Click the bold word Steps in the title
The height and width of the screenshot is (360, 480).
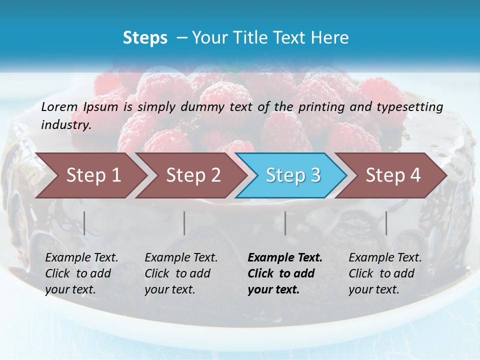145,37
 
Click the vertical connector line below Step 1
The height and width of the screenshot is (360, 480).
84,223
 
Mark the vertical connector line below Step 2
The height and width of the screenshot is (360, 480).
184,223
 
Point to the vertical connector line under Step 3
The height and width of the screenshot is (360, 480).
285,223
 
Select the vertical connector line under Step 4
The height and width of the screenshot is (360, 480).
386,223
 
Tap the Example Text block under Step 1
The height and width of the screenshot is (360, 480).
81,273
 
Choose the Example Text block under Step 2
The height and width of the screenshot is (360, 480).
181,273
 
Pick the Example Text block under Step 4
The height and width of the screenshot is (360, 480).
385,273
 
